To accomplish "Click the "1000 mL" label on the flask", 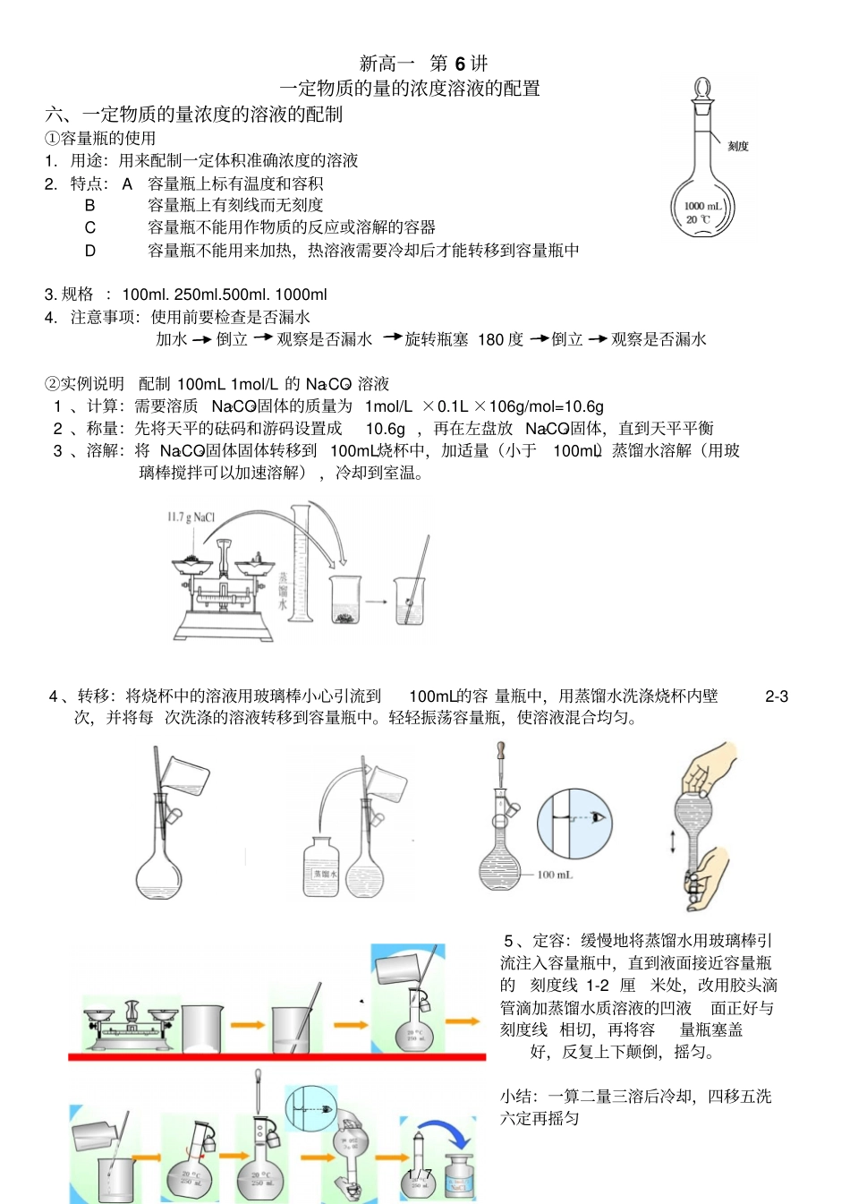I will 702,206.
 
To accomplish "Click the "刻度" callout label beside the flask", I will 737,146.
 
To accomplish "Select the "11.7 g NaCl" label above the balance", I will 191,517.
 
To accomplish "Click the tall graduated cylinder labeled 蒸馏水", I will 301,564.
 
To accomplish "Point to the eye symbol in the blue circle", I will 597,817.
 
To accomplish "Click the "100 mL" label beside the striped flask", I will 555,874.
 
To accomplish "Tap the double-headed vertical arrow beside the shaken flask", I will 673,841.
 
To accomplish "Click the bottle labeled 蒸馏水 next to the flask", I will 321,867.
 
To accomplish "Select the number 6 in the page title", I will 460,64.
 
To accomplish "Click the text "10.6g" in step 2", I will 386,429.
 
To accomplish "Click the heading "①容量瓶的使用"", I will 100,138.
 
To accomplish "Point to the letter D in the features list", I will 89,251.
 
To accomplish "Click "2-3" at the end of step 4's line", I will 776,696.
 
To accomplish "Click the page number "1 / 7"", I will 418,1174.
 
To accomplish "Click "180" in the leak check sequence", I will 490,339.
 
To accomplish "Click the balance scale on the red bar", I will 131,1024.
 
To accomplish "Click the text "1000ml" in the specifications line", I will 302,295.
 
